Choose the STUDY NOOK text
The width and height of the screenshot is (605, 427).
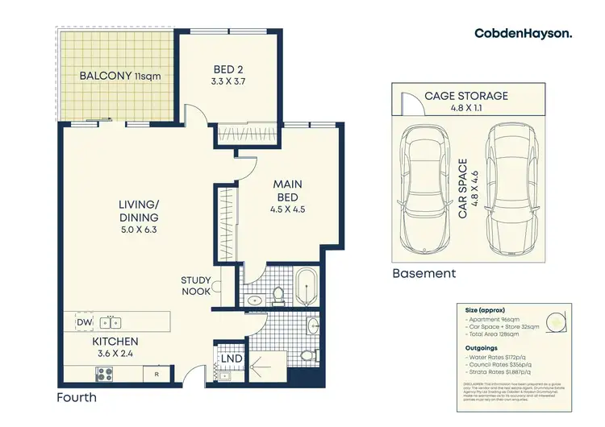pos(196,286)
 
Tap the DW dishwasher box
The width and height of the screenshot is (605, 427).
pos(83,322)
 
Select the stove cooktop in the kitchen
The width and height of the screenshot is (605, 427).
pos(105,373)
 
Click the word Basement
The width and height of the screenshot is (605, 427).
pos(423,273)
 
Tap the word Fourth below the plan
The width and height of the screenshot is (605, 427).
pos(77,397)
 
